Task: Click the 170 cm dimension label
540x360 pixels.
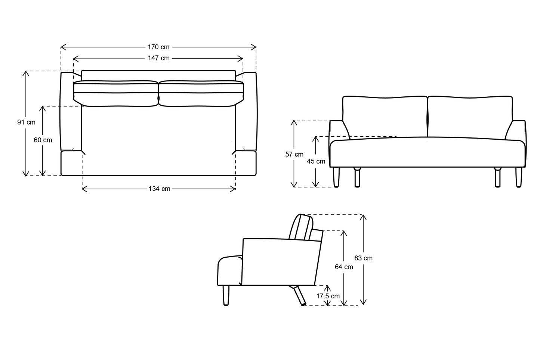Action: pyautogui.click(x=158, y=47)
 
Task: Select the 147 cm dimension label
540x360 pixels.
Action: pyautogui.click(x=158, y=58)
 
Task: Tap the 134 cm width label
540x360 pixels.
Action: pyautogui.click(x=159, y=189)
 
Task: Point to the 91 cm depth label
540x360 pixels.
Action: pyautogui.click(x=26, y=122)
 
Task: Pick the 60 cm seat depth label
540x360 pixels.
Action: pyautogui.click(x=43, y=140)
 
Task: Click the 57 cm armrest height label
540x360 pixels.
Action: pyautogui.click(x=294, y=154)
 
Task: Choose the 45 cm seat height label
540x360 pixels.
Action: pyautogui.click(x=316, y=161)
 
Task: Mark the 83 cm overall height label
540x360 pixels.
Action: pyautogui.click(x=363, y=258)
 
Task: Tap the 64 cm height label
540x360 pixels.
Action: pyautogui.click(x=344, y=267)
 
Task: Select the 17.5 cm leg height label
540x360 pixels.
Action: pyautogui.click(x=328, y=296)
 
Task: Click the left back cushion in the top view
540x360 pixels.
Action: pyautogui.click(x=115, y=93)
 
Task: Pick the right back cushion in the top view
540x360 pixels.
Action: pyautogui.click(x=201, y=93)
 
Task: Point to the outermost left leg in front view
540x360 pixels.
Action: pyautogui.click(x=336, y=177)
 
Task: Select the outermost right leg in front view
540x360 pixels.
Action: pyautogui.click(x=518, y=177)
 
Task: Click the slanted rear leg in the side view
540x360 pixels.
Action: pyautogui.click(x=299, y=296)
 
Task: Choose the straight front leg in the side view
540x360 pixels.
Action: pyautogui.click(x=226, y=295)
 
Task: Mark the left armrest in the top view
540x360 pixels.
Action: pyautogui.click(x=71, y=112)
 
